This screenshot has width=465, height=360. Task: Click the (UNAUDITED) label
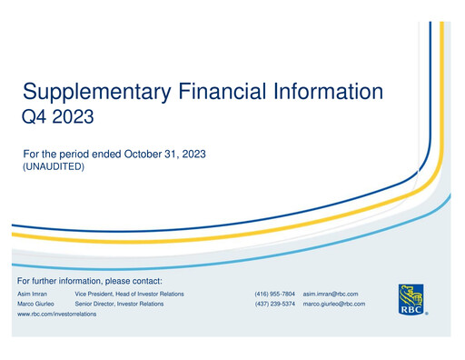click(x=53, y=167)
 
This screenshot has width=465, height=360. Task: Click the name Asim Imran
click(x=35, y=295)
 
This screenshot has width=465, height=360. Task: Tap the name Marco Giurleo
click(x=37, y=304)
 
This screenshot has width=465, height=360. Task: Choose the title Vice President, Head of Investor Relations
click(x=129, y=295)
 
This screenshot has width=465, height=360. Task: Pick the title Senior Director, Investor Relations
click(x=119, y=304)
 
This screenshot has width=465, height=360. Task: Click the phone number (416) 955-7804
click(x=274, y=295)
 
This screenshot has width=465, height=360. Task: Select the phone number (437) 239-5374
click(x=274, y=304)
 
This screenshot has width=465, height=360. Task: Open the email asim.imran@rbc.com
click(x=331, y=295)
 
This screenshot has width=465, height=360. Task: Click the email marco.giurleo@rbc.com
click(x=333, y=304)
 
